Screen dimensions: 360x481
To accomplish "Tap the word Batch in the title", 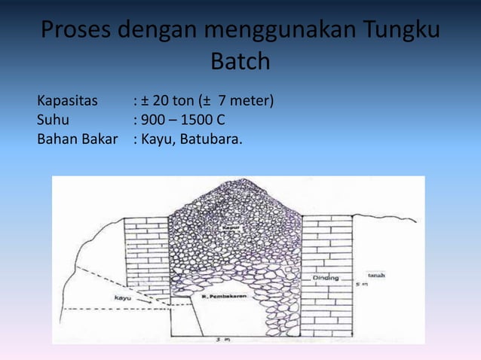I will point(240,62).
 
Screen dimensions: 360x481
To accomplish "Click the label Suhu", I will point(53,120).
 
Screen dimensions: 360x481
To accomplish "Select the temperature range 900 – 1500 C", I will point(182,120).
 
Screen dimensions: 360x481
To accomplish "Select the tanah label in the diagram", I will point(377,276).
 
